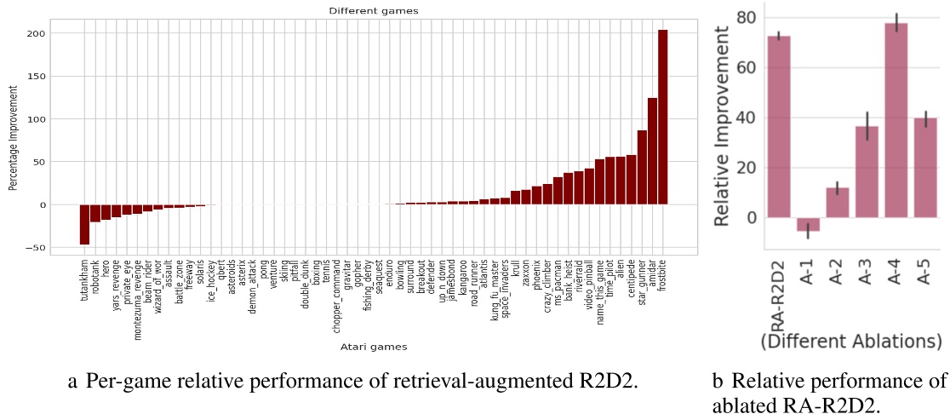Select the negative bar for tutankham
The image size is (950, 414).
coord(85,224)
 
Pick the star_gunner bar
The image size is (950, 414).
coord(642,167)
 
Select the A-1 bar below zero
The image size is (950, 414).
coord(808,224)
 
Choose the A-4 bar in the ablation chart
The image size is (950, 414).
coord(896,119)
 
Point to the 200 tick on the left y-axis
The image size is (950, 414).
coord(37,33)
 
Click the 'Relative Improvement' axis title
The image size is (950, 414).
coord(720,126)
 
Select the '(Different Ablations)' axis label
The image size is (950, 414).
coord(850,342)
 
